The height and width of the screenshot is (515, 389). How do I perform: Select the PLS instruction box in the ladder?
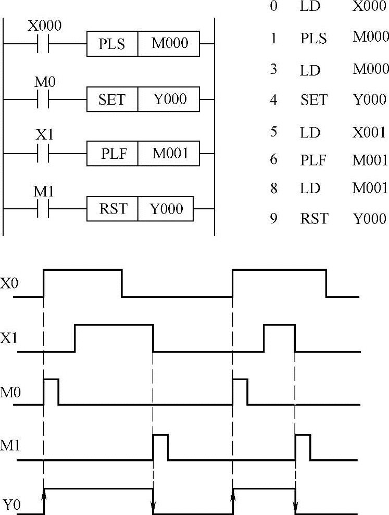pyautogui.click(x=112, y=44)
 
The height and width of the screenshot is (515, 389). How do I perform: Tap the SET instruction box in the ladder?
pyautogui.click(x=112, y=99)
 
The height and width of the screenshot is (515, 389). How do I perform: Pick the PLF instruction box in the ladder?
pyautogui.click(x=112, y=154)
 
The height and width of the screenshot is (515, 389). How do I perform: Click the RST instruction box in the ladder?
pyautogui.click(x=112, y=209)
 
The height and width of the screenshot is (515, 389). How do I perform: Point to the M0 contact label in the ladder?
pyautogui.click(x=44, y=82)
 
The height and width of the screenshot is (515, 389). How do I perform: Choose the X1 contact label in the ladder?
pyautogui.click(x=44, y=136)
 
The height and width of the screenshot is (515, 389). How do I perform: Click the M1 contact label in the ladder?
pyautogui.click(x=44, y=191)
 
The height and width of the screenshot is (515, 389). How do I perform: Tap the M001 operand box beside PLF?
pyautogui.click(x=169, y=154)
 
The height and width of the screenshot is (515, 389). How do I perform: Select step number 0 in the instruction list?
pyautogui.click(x=273, y=7)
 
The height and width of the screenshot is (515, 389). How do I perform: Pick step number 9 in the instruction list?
pyautogui.click(x=273, y=218)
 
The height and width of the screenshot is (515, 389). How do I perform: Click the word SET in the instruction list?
pyautogui.click(x=313, y=99)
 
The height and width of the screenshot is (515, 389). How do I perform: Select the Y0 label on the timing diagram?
pyautogui.click(x=11, y=504)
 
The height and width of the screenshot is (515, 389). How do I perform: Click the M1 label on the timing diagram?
pyautogui.click(x=11, y=446)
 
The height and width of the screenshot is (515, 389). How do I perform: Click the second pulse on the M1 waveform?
pyautogui.click(x=303, y=446)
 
